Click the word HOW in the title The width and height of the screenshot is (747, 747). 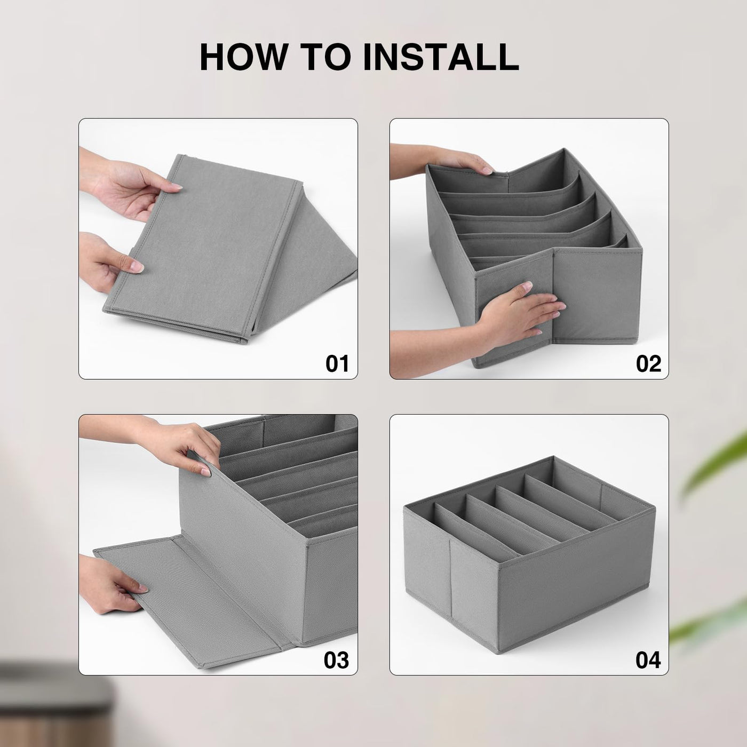[242, 57]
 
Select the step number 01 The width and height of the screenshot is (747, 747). [337, 363]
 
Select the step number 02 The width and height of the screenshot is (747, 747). [648, 363]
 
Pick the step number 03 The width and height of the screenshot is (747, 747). [337, 660]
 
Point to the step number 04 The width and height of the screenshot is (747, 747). [648, 660]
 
